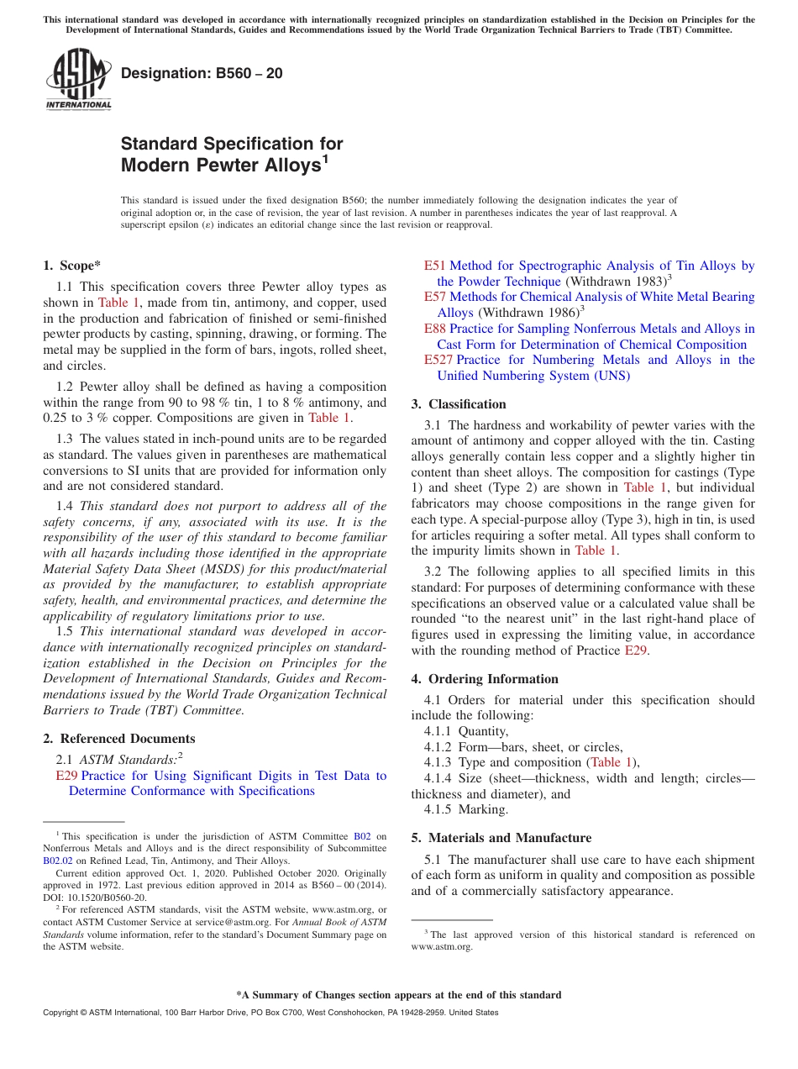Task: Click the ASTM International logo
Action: coord(78,80)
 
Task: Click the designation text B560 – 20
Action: coord(202,74)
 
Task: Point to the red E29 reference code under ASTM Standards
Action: coord(66,776)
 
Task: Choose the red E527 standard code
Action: coord(438,360)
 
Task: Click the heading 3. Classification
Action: coord(459,404)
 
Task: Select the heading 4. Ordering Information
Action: coord(485,679)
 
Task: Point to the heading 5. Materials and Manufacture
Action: coord(501,838)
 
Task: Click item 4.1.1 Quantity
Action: coord(466,731)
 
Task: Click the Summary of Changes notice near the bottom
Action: coord(398,995)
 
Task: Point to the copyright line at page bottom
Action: coord(270,1013)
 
